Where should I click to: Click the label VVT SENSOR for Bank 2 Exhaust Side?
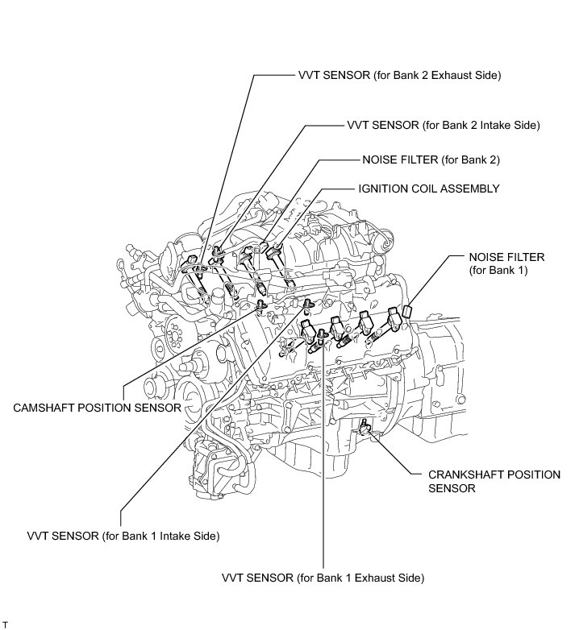[x=399, y=76]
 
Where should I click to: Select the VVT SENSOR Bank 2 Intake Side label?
[x=443, y=125]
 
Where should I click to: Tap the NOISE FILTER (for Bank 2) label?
[x=431, y=160]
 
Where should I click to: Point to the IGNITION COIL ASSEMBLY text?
[x=429, y=189]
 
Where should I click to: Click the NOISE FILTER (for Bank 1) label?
[x=506, y=263]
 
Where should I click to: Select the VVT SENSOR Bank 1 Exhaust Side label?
[x=323, y=578]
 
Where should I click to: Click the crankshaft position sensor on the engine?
[x=366, y=425]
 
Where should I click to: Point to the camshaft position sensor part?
[x=260, y=307]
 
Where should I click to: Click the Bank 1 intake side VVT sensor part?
[x=307, y=303]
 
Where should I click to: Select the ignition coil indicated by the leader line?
[x=276, y=252]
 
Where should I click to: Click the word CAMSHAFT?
[x=45, y=408]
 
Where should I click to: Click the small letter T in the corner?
[x=6, y=624]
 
